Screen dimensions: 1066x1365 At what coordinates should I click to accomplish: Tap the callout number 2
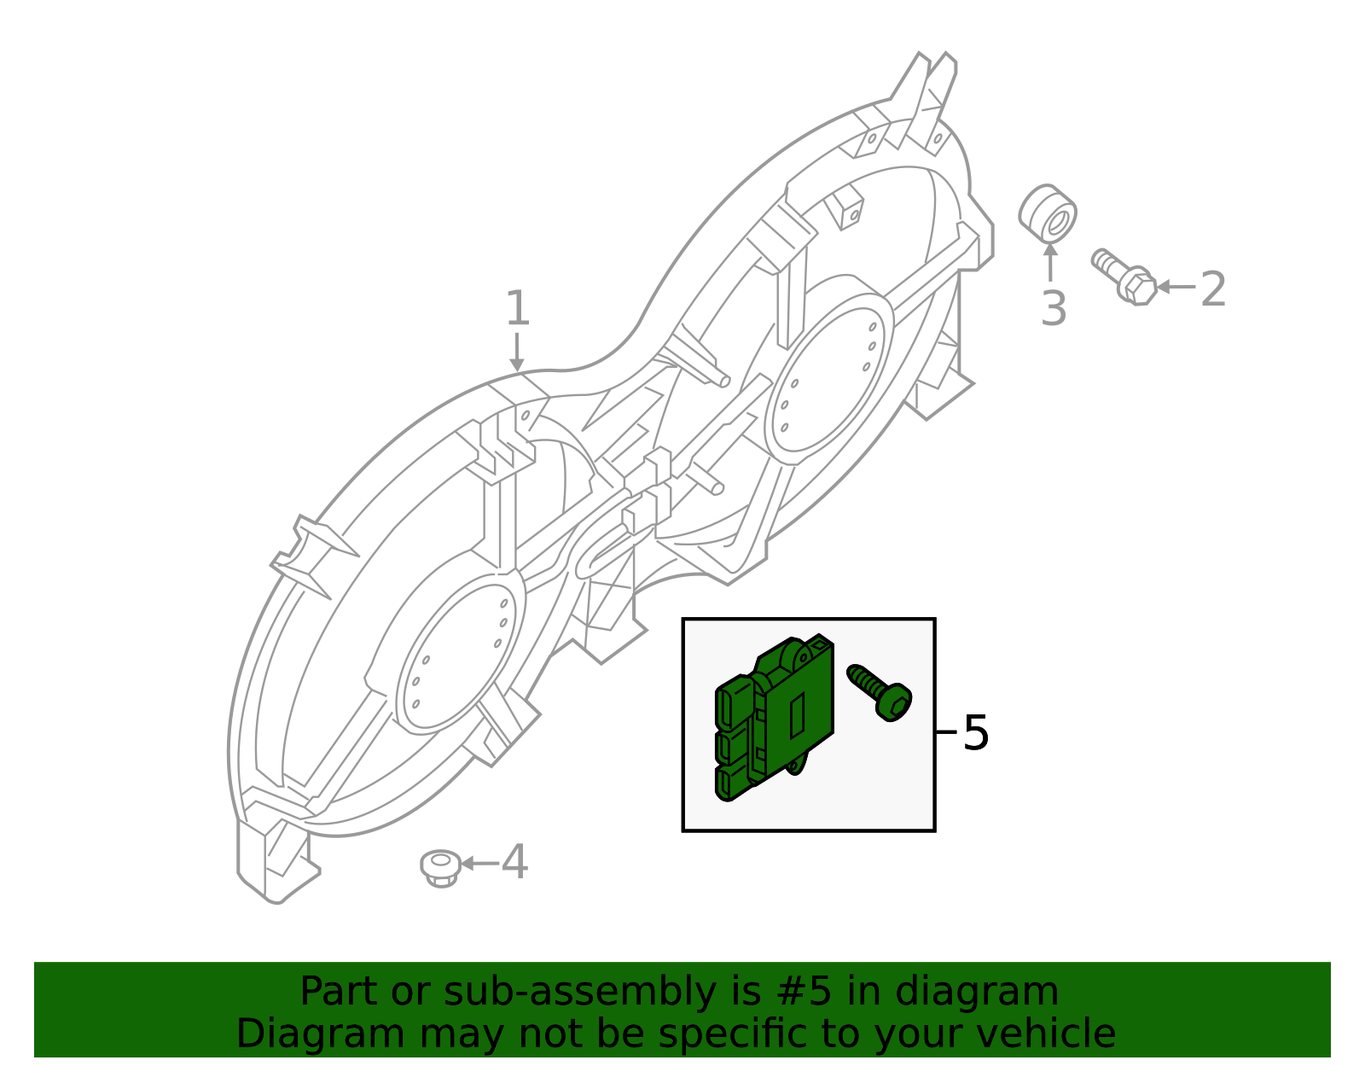point(1212,289)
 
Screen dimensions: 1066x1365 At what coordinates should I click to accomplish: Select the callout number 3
point(1054,308)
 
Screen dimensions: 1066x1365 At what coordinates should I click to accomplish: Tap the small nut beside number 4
point(441,867)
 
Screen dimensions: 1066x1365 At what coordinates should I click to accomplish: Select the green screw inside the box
point(880,692)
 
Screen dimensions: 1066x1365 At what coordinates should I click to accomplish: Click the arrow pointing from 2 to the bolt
point(1176,287)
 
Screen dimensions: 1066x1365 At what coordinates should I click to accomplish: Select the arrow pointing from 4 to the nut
point(479,864)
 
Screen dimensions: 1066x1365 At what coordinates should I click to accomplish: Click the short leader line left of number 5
point(946,731)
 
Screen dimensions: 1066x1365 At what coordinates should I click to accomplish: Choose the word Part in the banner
point(338,992)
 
